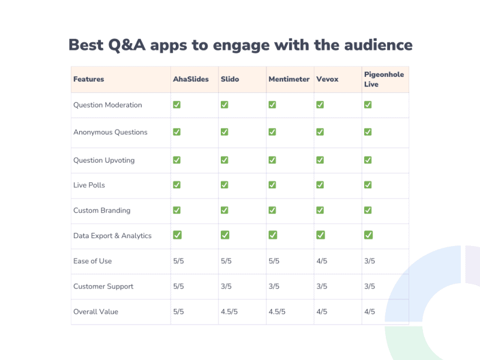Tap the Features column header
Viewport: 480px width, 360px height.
(x=89, y=79)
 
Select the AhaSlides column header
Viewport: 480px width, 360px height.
(x=191, y=79)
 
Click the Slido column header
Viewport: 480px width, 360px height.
(x=230, y=79)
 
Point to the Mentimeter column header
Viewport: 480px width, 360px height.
(x=289, y=79)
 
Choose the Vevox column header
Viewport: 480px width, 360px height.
(x=328, y=79)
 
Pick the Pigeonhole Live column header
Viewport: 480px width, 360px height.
(x=384, y=79)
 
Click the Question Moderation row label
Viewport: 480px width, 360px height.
(x=107, y=105)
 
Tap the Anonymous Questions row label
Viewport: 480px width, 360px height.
(x=110, y=132)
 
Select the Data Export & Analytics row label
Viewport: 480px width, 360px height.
(x=112, y=236)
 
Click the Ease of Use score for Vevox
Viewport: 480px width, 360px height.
(x=322, y=261)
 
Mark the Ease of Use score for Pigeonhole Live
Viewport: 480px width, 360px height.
(x=370, y=261)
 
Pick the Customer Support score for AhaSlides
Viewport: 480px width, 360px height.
(x=178, y=286)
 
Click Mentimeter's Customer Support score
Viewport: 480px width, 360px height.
(x=274, y=286)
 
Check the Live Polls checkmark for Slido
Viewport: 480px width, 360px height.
(x=224, y=185)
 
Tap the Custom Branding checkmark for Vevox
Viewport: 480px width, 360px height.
(x=320, y=210)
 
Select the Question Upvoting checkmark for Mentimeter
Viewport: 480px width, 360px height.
(x=272, y=160)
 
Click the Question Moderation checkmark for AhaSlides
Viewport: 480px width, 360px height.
(x=177, y=104)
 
